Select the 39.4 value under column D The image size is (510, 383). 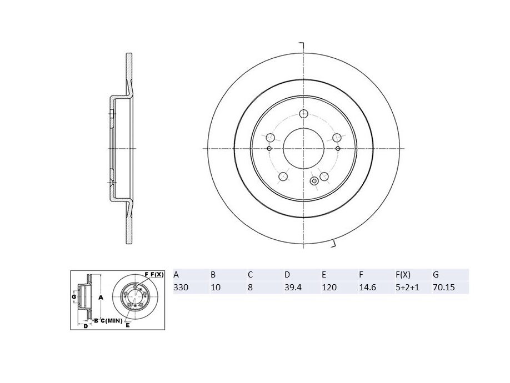[291, 288]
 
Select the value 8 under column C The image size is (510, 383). [250, 288]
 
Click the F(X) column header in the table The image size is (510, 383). [403, 275]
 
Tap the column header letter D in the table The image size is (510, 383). [287, 275]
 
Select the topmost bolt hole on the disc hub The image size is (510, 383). [303, 114]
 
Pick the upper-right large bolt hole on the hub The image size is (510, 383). [336, 138]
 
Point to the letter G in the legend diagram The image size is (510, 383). [74, 298]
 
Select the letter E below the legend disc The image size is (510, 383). [127, 325]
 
